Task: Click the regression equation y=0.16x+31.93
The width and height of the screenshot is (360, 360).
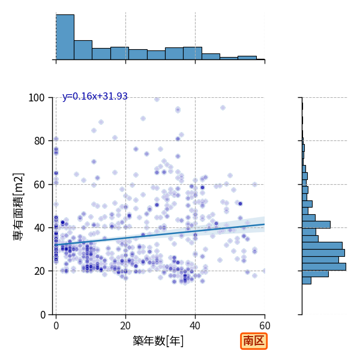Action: (x=95, y=97)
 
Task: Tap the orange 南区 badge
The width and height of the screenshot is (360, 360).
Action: (x=254, y=341)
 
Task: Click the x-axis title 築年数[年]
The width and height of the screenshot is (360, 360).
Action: (x=158, y=341)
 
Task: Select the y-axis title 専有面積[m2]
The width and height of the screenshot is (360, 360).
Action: (x=18, y=206)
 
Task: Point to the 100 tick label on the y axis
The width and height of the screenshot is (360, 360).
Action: (x=37, y=98)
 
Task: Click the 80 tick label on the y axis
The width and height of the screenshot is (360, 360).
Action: (x=39, y=141)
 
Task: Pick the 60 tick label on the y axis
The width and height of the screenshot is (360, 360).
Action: (x=39, y=185)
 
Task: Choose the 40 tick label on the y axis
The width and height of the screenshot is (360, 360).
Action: (x=39, y=228)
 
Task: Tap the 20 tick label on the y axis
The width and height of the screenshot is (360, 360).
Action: (x=39, y=271)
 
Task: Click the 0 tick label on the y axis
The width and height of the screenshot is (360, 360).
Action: (x=43, y=315)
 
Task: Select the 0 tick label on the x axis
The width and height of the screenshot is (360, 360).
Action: (x=56, y=326)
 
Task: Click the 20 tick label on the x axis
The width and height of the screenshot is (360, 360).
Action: (x=125, y=326)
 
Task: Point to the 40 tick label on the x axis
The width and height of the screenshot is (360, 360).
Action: (x=195, y=326)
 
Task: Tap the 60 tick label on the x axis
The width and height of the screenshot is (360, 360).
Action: (x=265, y=326)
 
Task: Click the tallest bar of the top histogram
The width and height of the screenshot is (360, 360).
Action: (x=65, y=37)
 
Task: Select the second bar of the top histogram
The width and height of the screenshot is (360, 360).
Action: (x=83, y=50)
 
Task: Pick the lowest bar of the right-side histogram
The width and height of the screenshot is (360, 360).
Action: (x=307, y=281)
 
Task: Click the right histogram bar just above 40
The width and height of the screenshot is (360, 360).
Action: (x=316, y=224)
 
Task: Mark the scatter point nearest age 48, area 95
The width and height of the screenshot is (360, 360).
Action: (x=223, y=107)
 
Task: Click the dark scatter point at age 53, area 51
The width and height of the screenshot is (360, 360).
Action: (x=240, y=203)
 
